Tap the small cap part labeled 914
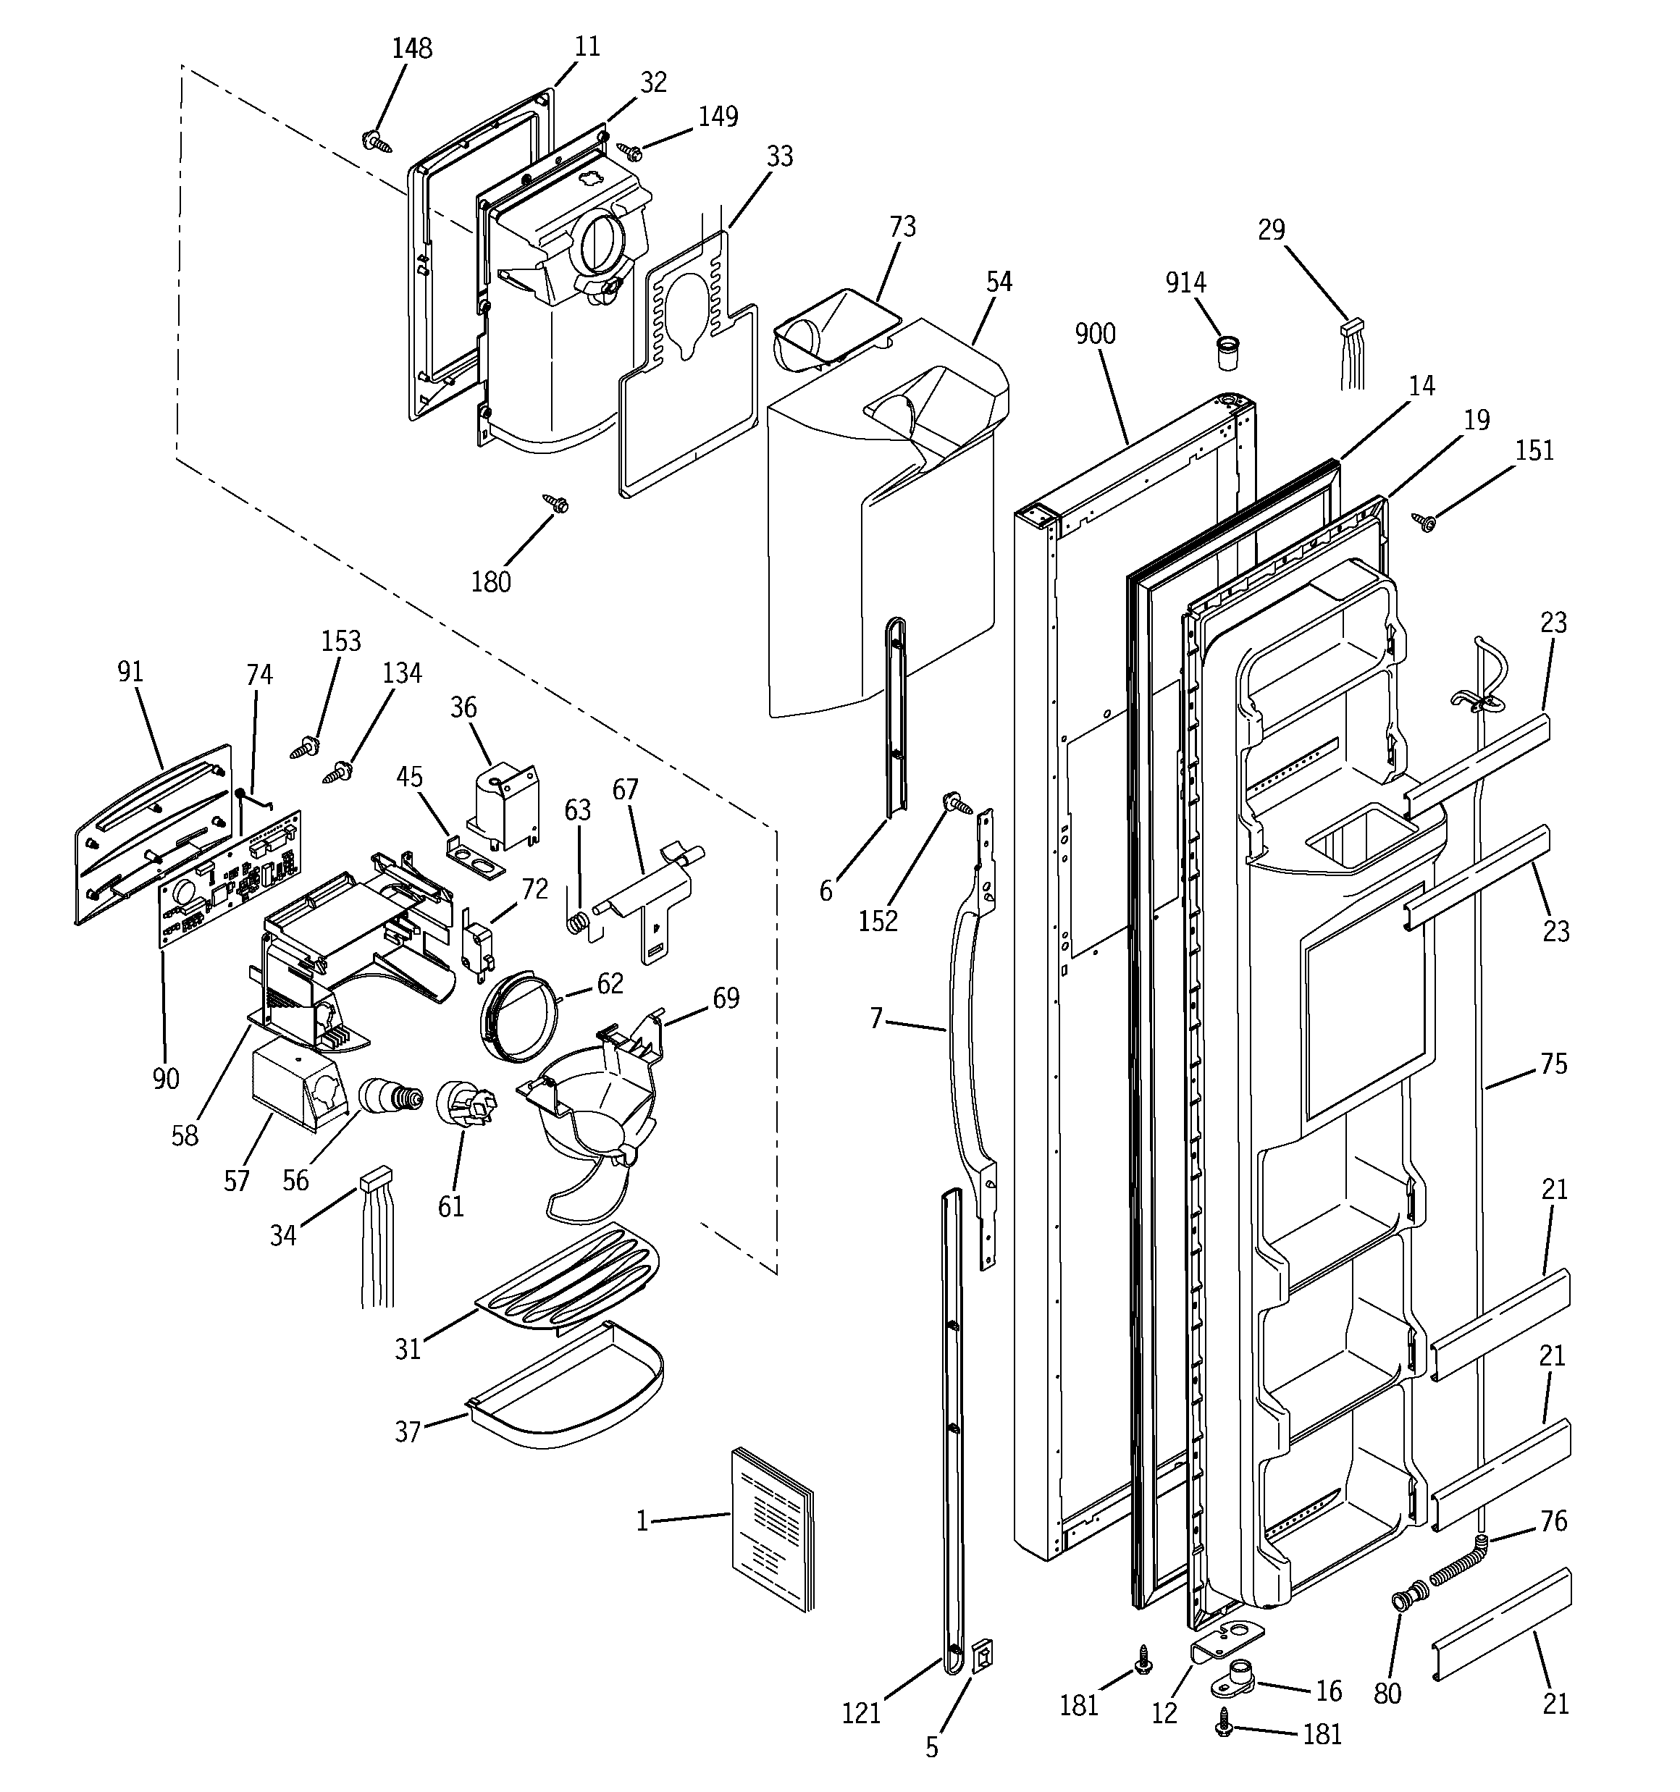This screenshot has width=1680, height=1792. pyautogui.click(x=1227, y=353)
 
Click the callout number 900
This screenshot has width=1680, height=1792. pyautogui.click(x=1095, y=335)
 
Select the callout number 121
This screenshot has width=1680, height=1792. pyautogui.click(x=860, y=1714)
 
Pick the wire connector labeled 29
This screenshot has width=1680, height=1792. pyautogui.click(x=1352, y=352)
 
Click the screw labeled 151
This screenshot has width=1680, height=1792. pyautogui.click(x=1425, y=521)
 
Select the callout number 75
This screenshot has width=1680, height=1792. pyautogui.click(x=1553, y=1064)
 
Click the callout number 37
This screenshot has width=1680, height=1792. pyautogui.click(x=408, y=1431)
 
